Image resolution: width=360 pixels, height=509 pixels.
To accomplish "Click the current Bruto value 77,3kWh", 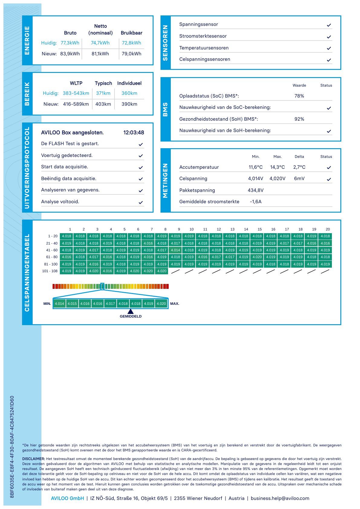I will (70, 43).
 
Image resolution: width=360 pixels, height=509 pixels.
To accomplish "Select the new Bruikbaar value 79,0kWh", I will (131, 54).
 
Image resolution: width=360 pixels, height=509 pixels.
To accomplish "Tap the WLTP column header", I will (76, 83).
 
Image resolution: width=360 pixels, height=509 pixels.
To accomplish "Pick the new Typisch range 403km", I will (103, 104).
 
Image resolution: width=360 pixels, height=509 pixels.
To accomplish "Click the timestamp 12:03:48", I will (134, 132).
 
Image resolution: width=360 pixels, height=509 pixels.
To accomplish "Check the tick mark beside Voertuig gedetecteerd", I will (141, 156).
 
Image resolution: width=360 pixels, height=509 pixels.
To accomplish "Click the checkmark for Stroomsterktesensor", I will (329, 37).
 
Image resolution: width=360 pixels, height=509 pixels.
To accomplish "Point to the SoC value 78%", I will (299, 96).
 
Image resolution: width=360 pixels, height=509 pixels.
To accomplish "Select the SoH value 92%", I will (299, 119).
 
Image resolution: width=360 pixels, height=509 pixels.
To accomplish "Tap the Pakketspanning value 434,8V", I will (256, 190).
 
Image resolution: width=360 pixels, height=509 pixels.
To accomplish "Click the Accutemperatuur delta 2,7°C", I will (299, 167).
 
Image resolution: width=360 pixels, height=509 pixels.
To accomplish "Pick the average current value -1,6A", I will (256, 202).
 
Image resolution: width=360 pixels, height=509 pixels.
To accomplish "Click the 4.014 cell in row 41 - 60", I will (175, 250).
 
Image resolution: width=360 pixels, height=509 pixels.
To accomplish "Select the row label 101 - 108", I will (50, 271).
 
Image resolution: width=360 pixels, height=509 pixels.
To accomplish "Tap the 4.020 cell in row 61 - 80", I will (257, 257).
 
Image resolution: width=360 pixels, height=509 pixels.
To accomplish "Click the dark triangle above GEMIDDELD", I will (131, 312).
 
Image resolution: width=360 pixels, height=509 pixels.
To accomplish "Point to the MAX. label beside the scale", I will (175, 304).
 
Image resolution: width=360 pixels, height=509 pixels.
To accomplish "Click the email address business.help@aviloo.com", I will (280, 498).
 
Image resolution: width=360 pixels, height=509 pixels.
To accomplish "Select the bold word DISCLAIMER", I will (34, 459).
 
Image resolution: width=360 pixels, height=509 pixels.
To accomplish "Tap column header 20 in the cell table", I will (328, 229).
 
